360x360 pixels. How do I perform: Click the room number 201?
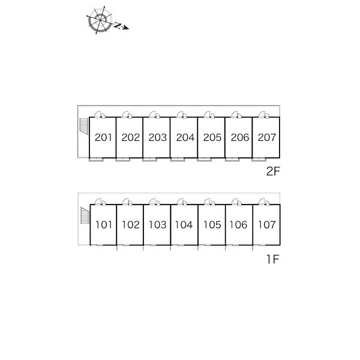103,137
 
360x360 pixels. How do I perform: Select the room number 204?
185,137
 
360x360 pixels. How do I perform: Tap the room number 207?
267,137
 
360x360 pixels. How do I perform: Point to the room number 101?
104,225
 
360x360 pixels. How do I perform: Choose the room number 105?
212,225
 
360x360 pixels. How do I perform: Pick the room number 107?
267,225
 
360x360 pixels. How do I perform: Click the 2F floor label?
273,171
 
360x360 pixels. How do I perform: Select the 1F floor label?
273,259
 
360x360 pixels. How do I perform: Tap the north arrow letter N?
118,25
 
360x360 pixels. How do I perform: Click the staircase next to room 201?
84,127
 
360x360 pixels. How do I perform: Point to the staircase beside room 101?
85,215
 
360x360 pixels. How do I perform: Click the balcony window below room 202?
122,160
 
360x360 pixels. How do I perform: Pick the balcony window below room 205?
204,160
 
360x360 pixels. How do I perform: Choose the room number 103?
157,225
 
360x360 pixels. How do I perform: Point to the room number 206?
239,137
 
